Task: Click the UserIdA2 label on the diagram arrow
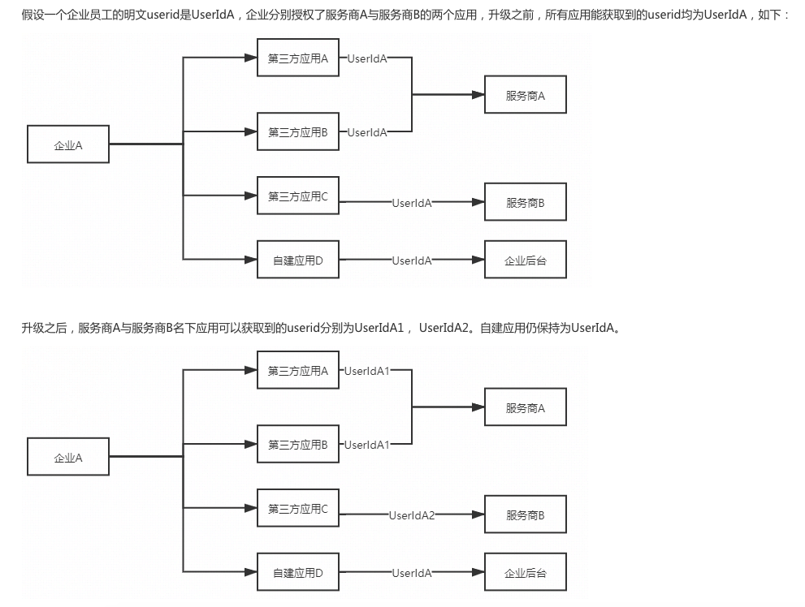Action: point(412,515)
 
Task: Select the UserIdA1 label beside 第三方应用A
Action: point(367,371)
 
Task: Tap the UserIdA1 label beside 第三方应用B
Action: point(367,445)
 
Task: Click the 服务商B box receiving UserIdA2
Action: point(525,515)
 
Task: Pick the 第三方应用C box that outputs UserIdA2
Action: point(298,510)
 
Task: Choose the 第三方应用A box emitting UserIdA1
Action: point(298,372)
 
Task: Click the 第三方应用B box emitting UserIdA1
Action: point(298,445)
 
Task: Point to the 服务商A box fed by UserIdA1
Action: point(525,408)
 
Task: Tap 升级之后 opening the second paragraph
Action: point(43,328)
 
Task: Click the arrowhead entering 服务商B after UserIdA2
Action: point(478,515)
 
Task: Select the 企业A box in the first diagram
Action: point(68,146)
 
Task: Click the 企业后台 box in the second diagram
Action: point(525,573)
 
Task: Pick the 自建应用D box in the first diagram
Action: point(298,260)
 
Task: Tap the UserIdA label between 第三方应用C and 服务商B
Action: point(412,203)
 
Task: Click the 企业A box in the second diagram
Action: point(68,458)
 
